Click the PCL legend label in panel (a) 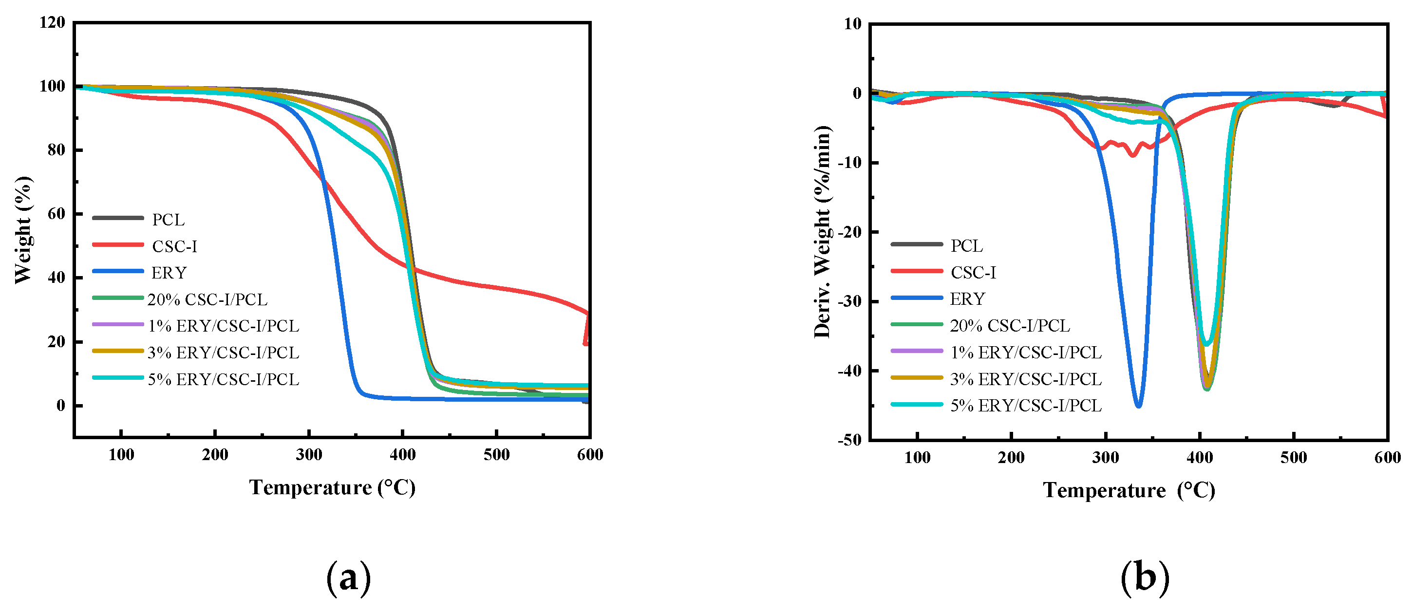[168, 219]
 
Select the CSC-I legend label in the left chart [174, 246]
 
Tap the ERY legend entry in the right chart [967, 298]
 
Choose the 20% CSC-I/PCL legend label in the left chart [207, 299]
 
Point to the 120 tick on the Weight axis [53, 22]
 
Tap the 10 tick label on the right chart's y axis [853, 23]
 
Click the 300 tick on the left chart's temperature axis [309, 454]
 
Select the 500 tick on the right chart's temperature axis [1294, 457]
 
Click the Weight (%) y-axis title [23, 230]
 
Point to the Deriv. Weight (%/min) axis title [822, 231]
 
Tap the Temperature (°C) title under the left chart [332, 487]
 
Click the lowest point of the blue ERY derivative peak [1138, 407]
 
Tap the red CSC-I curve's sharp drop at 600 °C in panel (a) [586, 332]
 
